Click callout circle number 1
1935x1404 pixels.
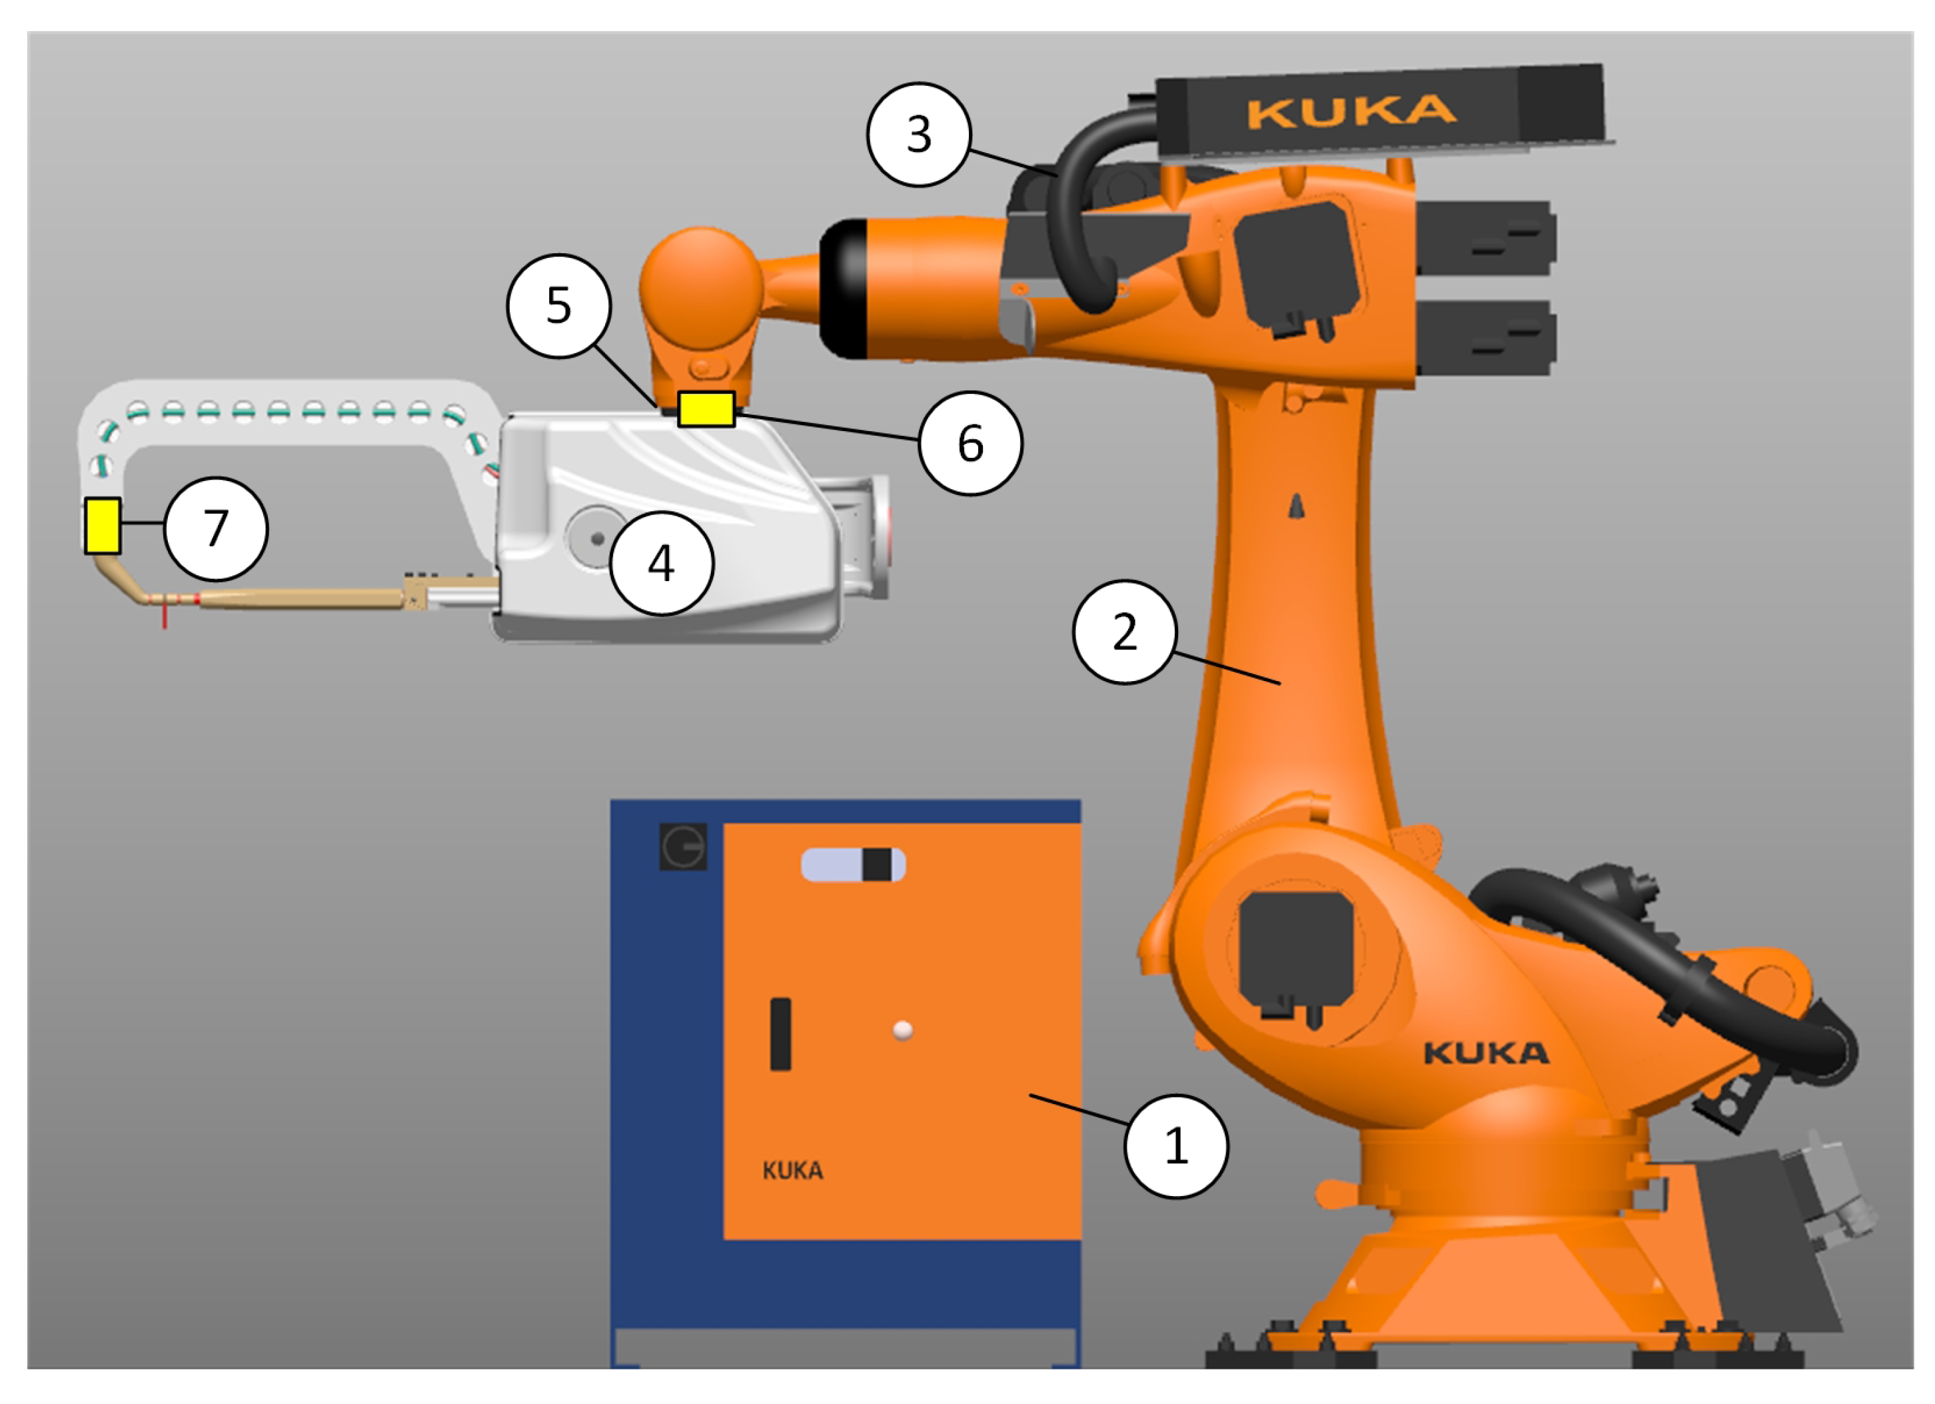[1175, 1145]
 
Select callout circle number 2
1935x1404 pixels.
[1125, 632]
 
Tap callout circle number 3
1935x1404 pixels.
[919, 134]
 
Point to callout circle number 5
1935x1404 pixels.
[559, 305]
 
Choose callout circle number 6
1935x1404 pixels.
[970, 442]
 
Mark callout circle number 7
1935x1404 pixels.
[216, 528]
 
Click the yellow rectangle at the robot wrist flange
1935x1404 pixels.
[706, 408]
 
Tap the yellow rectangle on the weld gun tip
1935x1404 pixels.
[103, 526]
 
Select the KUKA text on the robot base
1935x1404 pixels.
[1486, 1053]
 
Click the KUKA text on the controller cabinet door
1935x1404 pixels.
[793, 1170]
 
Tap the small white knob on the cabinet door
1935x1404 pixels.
[903, 1030]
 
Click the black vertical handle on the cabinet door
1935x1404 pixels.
[780, 1033]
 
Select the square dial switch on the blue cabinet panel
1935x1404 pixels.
[682, 847]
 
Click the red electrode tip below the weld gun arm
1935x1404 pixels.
[165, 616]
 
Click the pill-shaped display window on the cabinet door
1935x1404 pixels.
[852, 865]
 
